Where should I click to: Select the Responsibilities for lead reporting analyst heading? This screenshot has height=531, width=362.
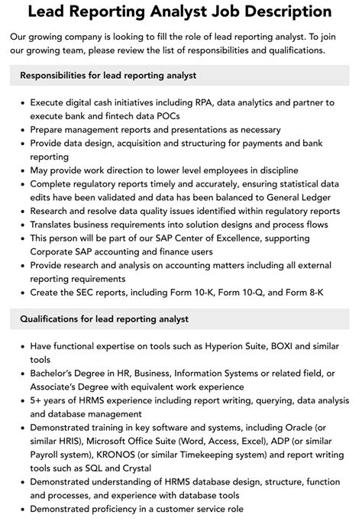[x=108, y=75]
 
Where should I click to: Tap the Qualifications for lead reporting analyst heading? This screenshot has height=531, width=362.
[x=105, y=319]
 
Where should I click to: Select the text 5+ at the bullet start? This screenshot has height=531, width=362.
[x=37, y=401]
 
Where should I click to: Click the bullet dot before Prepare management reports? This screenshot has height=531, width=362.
[x=23, y=130]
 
